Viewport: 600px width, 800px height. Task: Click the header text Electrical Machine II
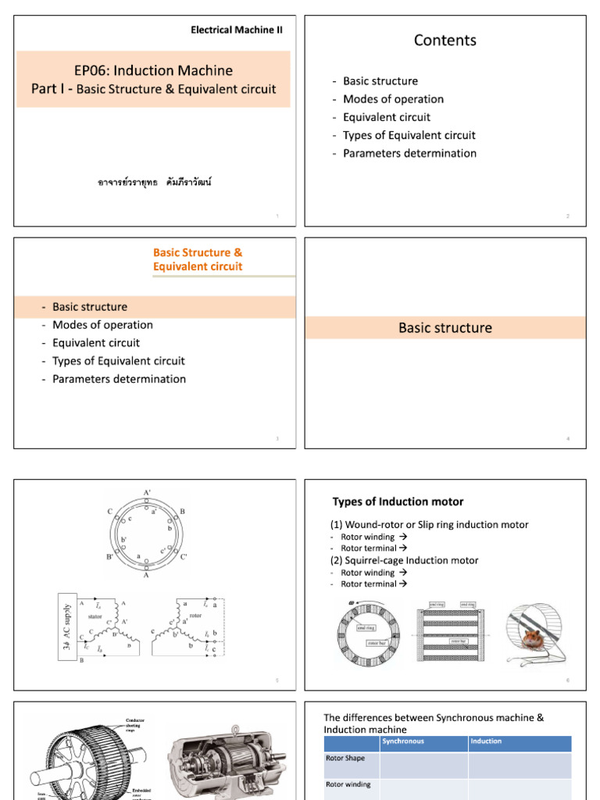[x=237, y=30]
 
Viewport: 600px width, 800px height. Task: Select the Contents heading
[x=445, y=41]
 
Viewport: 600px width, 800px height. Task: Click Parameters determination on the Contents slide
[x=409, y=153]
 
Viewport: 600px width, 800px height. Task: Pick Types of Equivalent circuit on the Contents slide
[x=409, y=135]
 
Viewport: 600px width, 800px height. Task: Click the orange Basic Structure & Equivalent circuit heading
[x=198, y=259]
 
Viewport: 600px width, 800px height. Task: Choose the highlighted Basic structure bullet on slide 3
[x=90, y=307]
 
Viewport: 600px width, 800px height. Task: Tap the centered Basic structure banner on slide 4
[x=445, y=328]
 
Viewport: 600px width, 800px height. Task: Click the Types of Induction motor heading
[x=398, y=502]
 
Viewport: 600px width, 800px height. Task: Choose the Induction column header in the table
[x=486, y=741]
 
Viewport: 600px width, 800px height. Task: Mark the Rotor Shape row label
[x=345, y=758]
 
